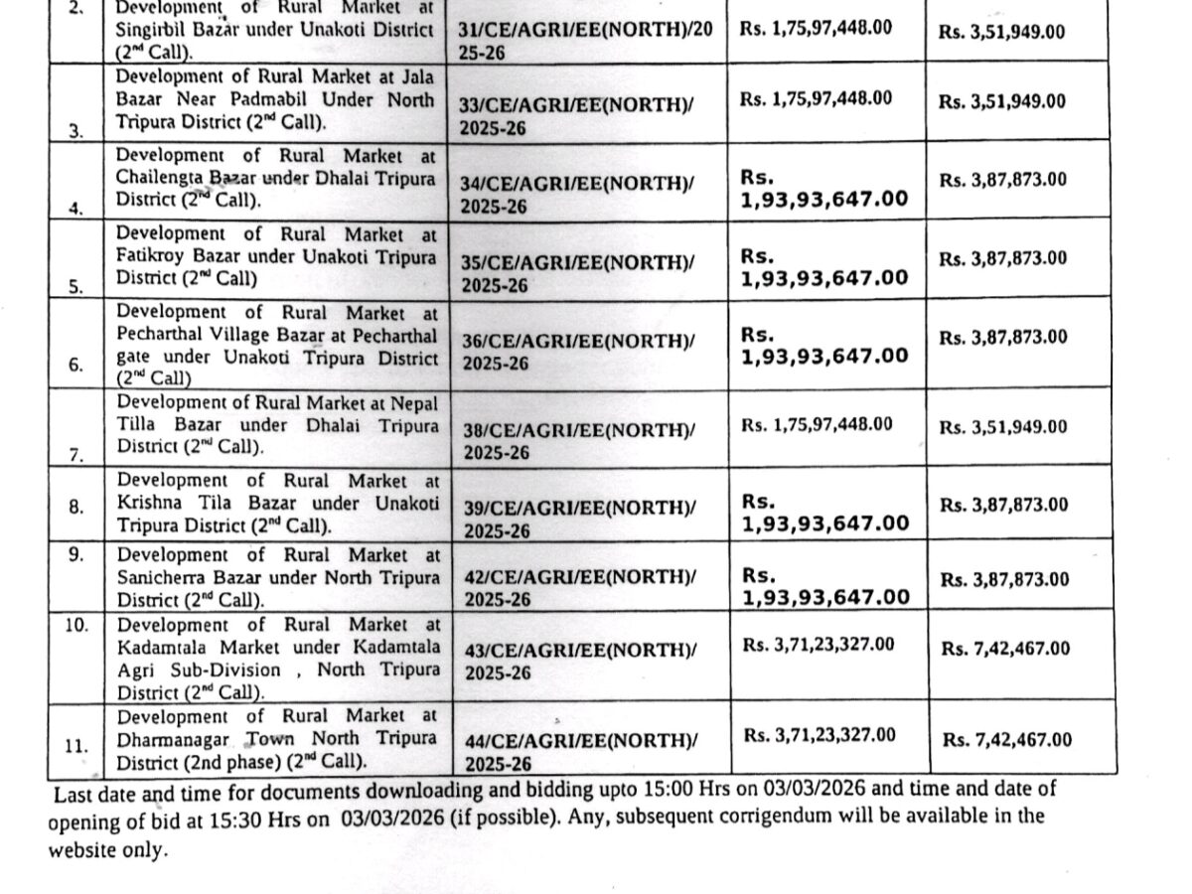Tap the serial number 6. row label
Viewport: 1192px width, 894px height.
coord(76,365)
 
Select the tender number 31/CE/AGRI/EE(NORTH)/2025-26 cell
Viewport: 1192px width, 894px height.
coord(586,41)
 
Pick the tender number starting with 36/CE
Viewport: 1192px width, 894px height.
coord(578,352)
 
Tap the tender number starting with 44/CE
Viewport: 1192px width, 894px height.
coord(581,752)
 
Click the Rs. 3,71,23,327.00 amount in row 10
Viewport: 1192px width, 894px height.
coord(819,645)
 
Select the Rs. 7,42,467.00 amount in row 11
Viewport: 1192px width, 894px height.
coord(1007,739)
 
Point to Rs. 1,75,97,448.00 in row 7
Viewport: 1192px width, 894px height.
coord(817,424)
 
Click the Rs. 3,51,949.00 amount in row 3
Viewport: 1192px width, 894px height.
coord(1001,101)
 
